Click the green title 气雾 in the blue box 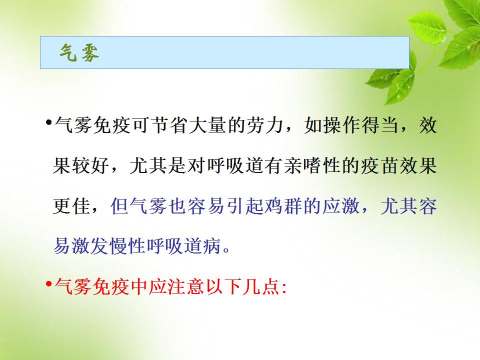click(x=79, y=53)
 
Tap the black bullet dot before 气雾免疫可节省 click(x=48, y=123)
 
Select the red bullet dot click(x=48, y=284)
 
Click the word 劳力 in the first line click(x=265, y=125)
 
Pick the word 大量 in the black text click(x=208, y=125)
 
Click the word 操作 click(x=343, y=125)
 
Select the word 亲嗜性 click(x=312, y=165)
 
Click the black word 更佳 click(x=71, y=206)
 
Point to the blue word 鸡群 click(x=284, y=206)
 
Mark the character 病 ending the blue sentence click(x=212, y=246)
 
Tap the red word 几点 click(x=260, y=287)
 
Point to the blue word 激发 click(x=90, y=246)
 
